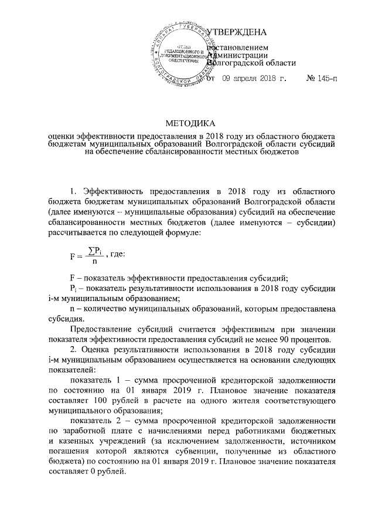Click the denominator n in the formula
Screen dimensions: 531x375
tap(94, 278)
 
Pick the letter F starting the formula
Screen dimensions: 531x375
tap(72, 272)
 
